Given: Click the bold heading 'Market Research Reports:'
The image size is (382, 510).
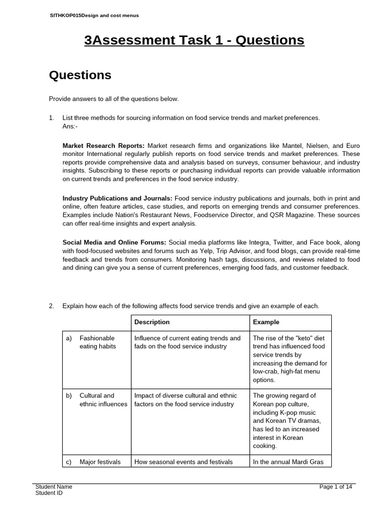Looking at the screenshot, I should pos(103,146).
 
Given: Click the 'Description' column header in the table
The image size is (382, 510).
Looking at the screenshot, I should pos(152,322).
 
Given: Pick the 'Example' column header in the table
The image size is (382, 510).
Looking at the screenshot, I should pos(266,322).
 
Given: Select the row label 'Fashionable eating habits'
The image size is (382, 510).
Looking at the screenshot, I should pos(97,342).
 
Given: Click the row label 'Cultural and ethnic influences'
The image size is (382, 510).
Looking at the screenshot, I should pos(103,400).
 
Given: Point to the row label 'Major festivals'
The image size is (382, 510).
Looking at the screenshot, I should pos(100,462).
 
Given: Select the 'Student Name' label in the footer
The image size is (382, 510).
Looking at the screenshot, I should pos(54,487).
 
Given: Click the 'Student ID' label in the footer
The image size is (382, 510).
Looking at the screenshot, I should pos(49,493).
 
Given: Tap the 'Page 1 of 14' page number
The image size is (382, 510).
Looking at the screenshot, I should pos(336,487).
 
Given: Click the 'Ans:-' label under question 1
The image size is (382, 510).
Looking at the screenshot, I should pos(70,127).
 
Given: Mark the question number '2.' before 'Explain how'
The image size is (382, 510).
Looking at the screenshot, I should pos(51,306).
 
